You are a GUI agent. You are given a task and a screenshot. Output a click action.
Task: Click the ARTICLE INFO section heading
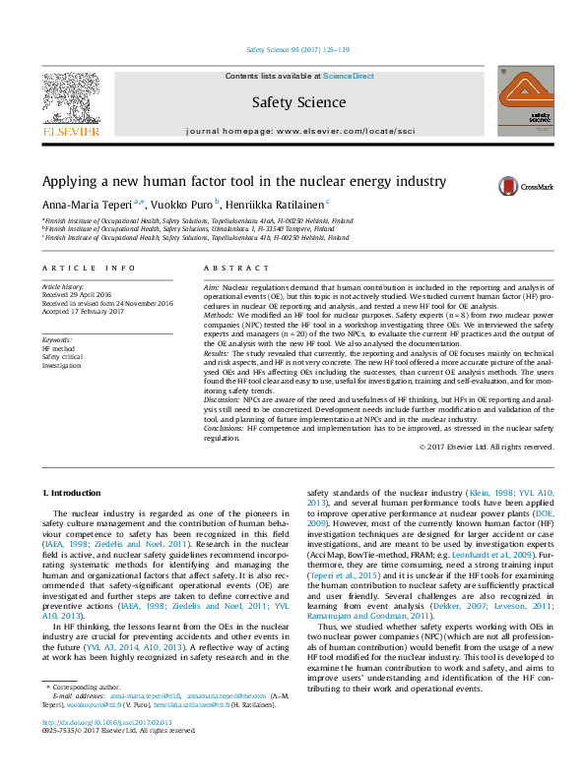point(89,268)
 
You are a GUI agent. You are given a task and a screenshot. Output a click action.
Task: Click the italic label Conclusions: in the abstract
point(226,429)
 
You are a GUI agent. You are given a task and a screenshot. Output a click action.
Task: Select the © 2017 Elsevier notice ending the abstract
point(486,447)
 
